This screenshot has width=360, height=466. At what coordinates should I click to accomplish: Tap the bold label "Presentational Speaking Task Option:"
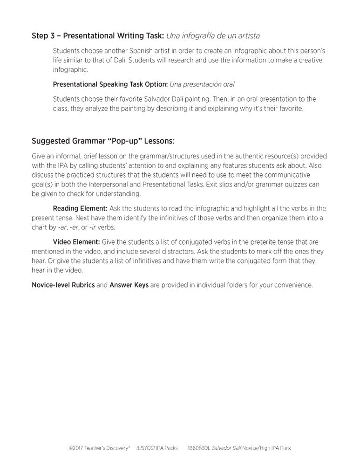tap(110, 84)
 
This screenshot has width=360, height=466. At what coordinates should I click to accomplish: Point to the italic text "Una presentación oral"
tap(202, 84)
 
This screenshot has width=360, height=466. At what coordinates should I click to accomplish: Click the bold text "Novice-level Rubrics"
tap(63, 285)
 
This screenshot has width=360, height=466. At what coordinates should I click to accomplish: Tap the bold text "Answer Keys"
tap(129, 285)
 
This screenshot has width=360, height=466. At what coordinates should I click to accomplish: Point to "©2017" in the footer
tap(75, 448)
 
